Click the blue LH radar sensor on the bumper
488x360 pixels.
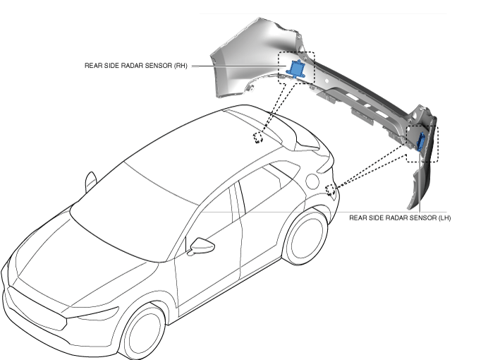tap(421, 142)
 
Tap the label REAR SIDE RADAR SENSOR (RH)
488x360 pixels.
tap(135, 66)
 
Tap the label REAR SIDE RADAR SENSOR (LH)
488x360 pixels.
tap(400, 218)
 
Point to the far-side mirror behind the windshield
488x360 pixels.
tap(90, 181)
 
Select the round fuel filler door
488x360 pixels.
tap(312, 181)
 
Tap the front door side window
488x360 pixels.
tap(211, 219)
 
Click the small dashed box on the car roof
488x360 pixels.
tap(259, 137)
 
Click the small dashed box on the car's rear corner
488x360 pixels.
tap(330, 190)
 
